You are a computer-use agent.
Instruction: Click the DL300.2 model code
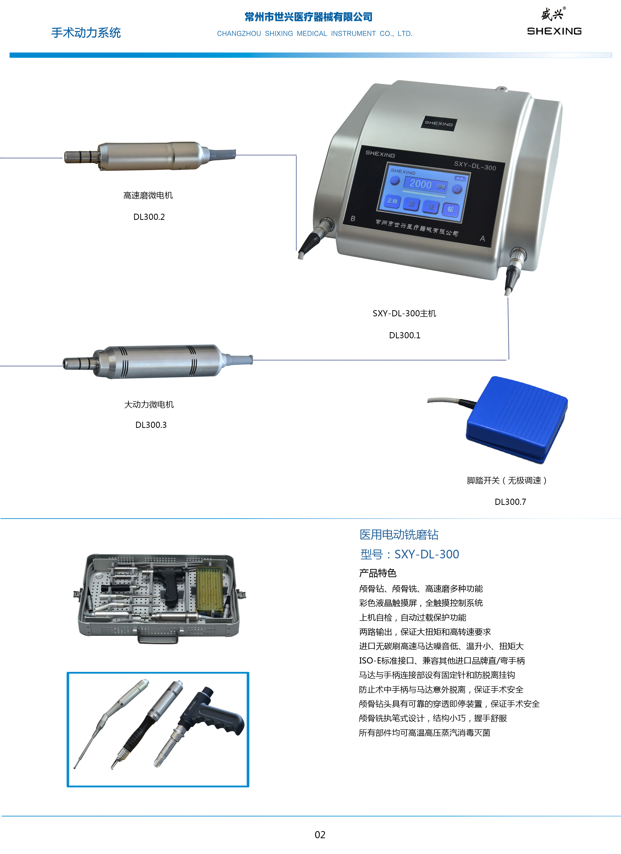pos(149,217)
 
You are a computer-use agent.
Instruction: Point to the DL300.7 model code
pos(510,502)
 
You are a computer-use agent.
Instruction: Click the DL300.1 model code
pos(405,335)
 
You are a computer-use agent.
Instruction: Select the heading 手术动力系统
pos(86,33)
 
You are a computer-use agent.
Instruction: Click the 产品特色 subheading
pos(378,573)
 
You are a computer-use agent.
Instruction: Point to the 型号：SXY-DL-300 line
pos(410,554)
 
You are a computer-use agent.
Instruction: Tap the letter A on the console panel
pos(483,238)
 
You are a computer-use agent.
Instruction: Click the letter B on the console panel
pos(353,218)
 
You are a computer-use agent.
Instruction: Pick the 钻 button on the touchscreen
pos(450,209)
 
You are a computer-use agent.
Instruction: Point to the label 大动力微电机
pos(149,404)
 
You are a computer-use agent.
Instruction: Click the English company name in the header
pos(315,34)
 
